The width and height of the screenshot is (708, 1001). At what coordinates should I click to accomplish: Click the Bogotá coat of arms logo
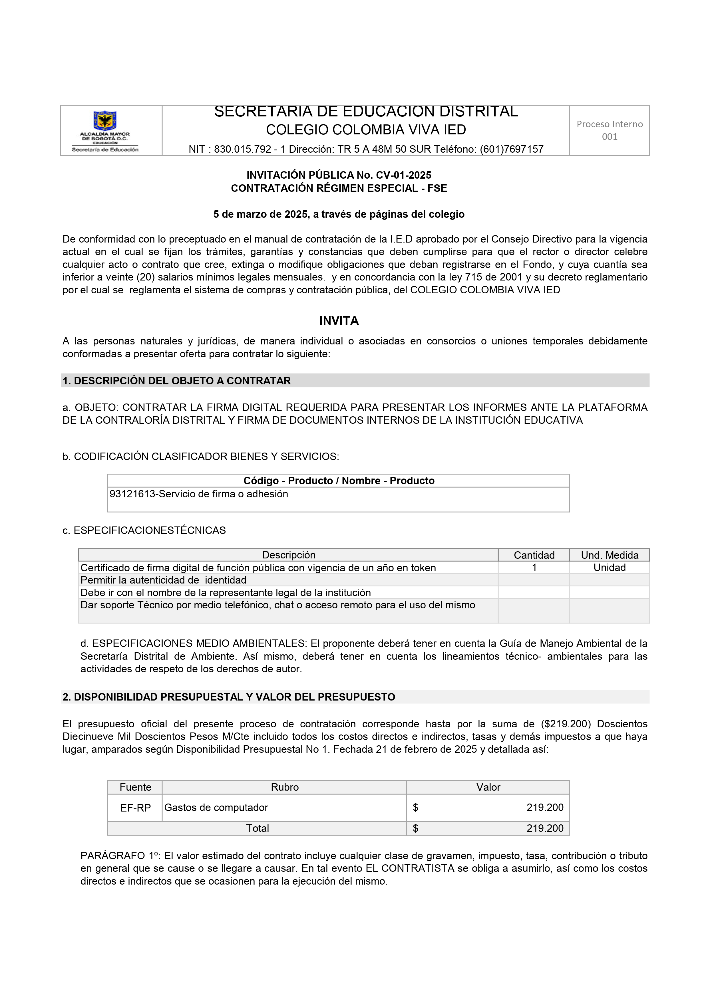(x=105, y=120)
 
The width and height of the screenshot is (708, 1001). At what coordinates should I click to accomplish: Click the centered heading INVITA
(x=339, y=321)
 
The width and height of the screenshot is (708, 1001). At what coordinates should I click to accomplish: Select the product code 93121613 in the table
(x=132, y=494)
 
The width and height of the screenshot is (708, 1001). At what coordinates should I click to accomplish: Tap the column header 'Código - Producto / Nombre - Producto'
(x=339, y=481)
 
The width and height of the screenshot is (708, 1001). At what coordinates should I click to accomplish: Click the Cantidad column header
(x=534, y=555)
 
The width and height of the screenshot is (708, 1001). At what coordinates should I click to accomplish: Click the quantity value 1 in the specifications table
(x=534, y=568)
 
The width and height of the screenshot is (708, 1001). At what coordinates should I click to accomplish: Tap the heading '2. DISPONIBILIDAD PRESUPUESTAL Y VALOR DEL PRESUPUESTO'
(x=229, y=697)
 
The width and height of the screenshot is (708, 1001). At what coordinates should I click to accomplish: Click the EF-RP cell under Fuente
(x=135, y=808)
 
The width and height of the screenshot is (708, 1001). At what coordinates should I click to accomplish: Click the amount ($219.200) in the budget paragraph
(x=565, y=724)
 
